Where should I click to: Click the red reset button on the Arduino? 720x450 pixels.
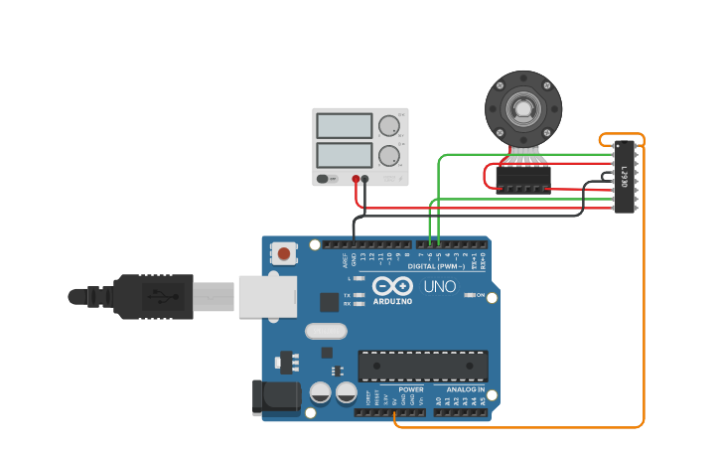tap(284, 254)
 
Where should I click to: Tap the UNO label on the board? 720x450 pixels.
tap(440, 287)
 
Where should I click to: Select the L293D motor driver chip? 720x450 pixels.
tap(624, 176)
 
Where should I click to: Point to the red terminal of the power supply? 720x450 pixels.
tap(356, 179)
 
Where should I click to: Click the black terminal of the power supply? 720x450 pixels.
tap(364, 179)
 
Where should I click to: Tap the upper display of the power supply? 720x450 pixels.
tap(344, 126)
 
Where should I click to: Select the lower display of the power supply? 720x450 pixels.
tap(344, 155)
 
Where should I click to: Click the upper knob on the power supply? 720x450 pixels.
tap(387, 126)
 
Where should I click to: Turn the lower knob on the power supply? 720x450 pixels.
tap(387, 155)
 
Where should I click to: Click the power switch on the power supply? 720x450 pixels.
tap(326, 179)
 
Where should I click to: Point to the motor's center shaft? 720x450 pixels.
tap(522, 107)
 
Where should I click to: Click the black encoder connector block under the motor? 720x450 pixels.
tap(522, 178)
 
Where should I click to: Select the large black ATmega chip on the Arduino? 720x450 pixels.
tap(422, 366)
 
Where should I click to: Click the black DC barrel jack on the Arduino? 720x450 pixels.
tap(275, 396)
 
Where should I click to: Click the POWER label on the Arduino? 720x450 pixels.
tap(411, 389)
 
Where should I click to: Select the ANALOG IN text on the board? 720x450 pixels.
tap(465, 389)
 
